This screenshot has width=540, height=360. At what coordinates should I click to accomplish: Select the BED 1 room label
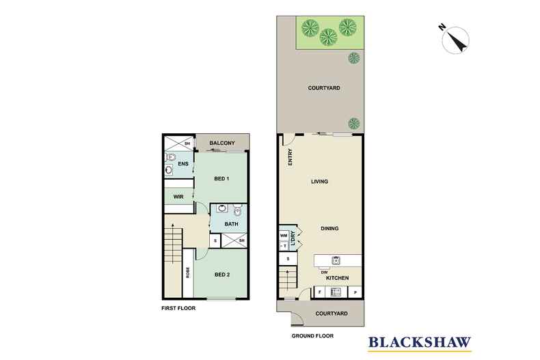(221, 179)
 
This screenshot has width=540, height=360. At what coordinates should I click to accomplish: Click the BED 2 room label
(221, 275)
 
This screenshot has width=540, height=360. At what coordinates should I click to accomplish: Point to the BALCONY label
(222, 143)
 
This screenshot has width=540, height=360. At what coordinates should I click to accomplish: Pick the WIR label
(179, 197)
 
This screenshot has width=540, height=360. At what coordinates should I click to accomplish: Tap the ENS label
(183, 164)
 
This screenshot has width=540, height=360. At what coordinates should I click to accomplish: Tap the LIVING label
(319, 182)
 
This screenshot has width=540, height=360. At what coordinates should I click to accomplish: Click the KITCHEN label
(338, 278)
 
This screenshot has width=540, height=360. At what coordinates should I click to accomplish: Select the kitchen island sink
(336, 260)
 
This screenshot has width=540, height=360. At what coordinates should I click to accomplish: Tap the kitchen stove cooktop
(336, 292)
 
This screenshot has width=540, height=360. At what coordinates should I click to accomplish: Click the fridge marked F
(320, 292)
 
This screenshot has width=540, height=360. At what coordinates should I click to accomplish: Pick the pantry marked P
(355, 292)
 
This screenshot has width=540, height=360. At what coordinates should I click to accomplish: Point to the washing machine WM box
(283, 236)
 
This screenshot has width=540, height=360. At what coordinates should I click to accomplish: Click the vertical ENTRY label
(291, 158)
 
